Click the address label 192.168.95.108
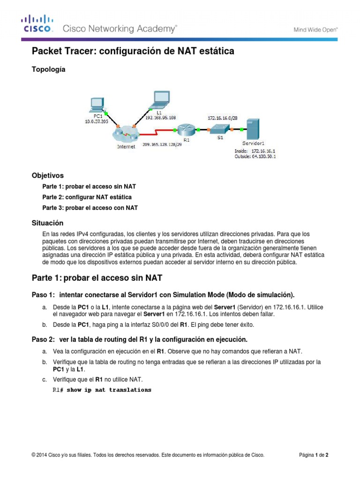[x=160, y=118]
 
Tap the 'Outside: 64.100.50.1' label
[x=255, y=157]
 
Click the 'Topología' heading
[x=48, y=69]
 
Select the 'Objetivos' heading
[x=47, y=176]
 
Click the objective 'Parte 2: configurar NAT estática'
[x=87, y=197]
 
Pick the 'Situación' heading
[x=47, y=223]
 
